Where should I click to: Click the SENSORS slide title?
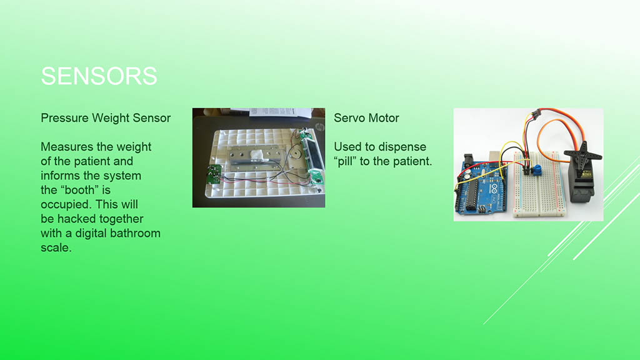(99, 76)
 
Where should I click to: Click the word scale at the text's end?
(56, 247)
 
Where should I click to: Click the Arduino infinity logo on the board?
(494, 188)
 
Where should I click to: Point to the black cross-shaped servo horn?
(583, 154)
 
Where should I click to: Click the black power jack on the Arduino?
(469, 161)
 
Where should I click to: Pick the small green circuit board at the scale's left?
(214, 175)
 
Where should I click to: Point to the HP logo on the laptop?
(319, 127)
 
